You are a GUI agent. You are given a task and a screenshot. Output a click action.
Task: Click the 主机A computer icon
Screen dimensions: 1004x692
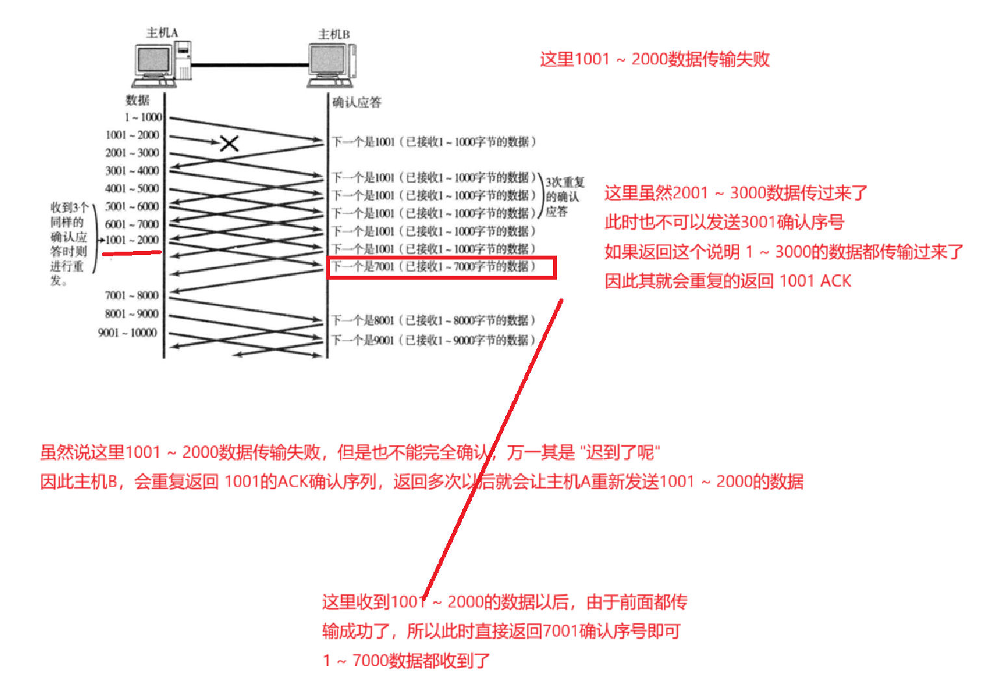(x=161, y=64)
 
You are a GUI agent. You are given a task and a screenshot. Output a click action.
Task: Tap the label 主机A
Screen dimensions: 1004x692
(x=162, y=33)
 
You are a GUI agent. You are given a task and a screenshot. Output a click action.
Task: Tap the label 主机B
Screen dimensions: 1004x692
(x=334, y=34)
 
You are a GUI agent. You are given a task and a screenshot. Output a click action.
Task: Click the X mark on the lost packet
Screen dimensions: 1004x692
(x=229, y=143)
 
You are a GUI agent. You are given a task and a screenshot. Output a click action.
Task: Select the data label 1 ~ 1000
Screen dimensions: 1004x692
(x=144, y=117)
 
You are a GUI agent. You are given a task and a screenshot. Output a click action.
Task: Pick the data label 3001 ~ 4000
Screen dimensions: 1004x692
(x=132, y=170)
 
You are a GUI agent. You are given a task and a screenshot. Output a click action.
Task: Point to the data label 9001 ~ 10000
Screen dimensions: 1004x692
(x=127, y=333)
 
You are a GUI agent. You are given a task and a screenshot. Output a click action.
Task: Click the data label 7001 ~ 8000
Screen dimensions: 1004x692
(x=132, y=295)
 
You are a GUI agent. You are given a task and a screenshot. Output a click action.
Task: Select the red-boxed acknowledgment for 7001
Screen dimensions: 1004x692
(x=441, y=267)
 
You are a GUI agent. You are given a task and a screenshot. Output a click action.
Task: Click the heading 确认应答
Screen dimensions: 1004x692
(x=357, y=102)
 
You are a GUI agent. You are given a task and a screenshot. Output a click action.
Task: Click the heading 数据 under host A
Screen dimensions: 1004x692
(x=137, y=100)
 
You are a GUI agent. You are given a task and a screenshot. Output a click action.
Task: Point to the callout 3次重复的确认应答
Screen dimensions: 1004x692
(x=563, y=196)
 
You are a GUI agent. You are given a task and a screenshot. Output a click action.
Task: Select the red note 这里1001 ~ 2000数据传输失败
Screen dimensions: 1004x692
(x=654, y=59)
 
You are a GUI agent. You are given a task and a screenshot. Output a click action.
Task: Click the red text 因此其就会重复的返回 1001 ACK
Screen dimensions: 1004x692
(x=728, y=281)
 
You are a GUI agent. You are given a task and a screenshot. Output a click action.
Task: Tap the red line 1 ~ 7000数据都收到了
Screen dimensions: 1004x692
(x=406, y=661)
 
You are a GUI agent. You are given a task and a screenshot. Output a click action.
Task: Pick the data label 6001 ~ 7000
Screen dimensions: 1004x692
(x=132, y=224)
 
